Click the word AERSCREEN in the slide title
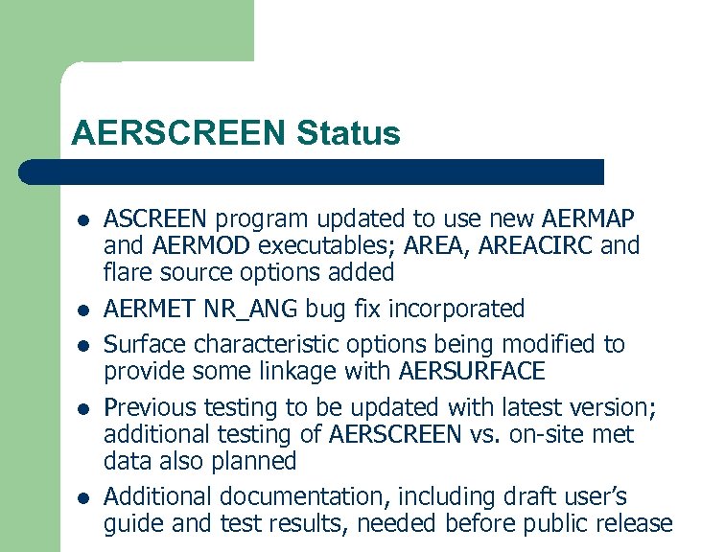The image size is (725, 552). pyautogui.click(x=178, y=133)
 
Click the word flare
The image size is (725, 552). pyautogui.click(x=129, y=273)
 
